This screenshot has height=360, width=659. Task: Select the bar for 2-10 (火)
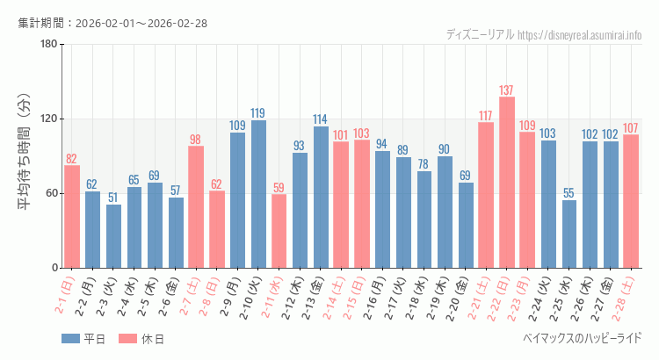coord(258,194)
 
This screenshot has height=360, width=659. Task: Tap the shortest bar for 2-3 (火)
coord(114,236)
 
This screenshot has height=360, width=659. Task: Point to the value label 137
coord(507,90)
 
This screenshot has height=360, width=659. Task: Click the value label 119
coord(258,113)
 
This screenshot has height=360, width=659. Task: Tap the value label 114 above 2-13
coord(321,119)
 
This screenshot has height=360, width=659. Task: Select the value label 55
coord(569,193)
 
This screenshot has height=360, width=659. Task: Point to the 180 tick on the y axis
coord(49,45)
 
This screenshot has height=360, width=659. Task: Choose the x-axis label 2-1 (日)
coord(65,297)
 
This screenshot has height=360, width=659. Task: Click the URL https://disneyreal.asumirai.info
coord(580,35)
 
